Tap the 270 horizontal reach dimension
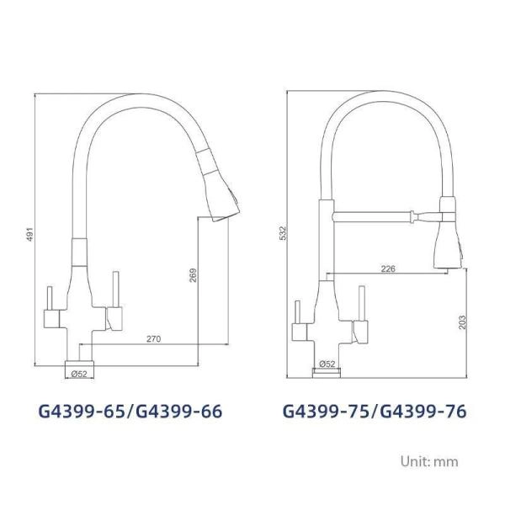153,338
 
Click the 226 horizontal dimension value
388,269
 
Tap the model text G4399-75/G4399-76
374,412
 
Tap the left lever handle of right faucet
298,320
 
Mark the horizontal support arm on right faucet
379,216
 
